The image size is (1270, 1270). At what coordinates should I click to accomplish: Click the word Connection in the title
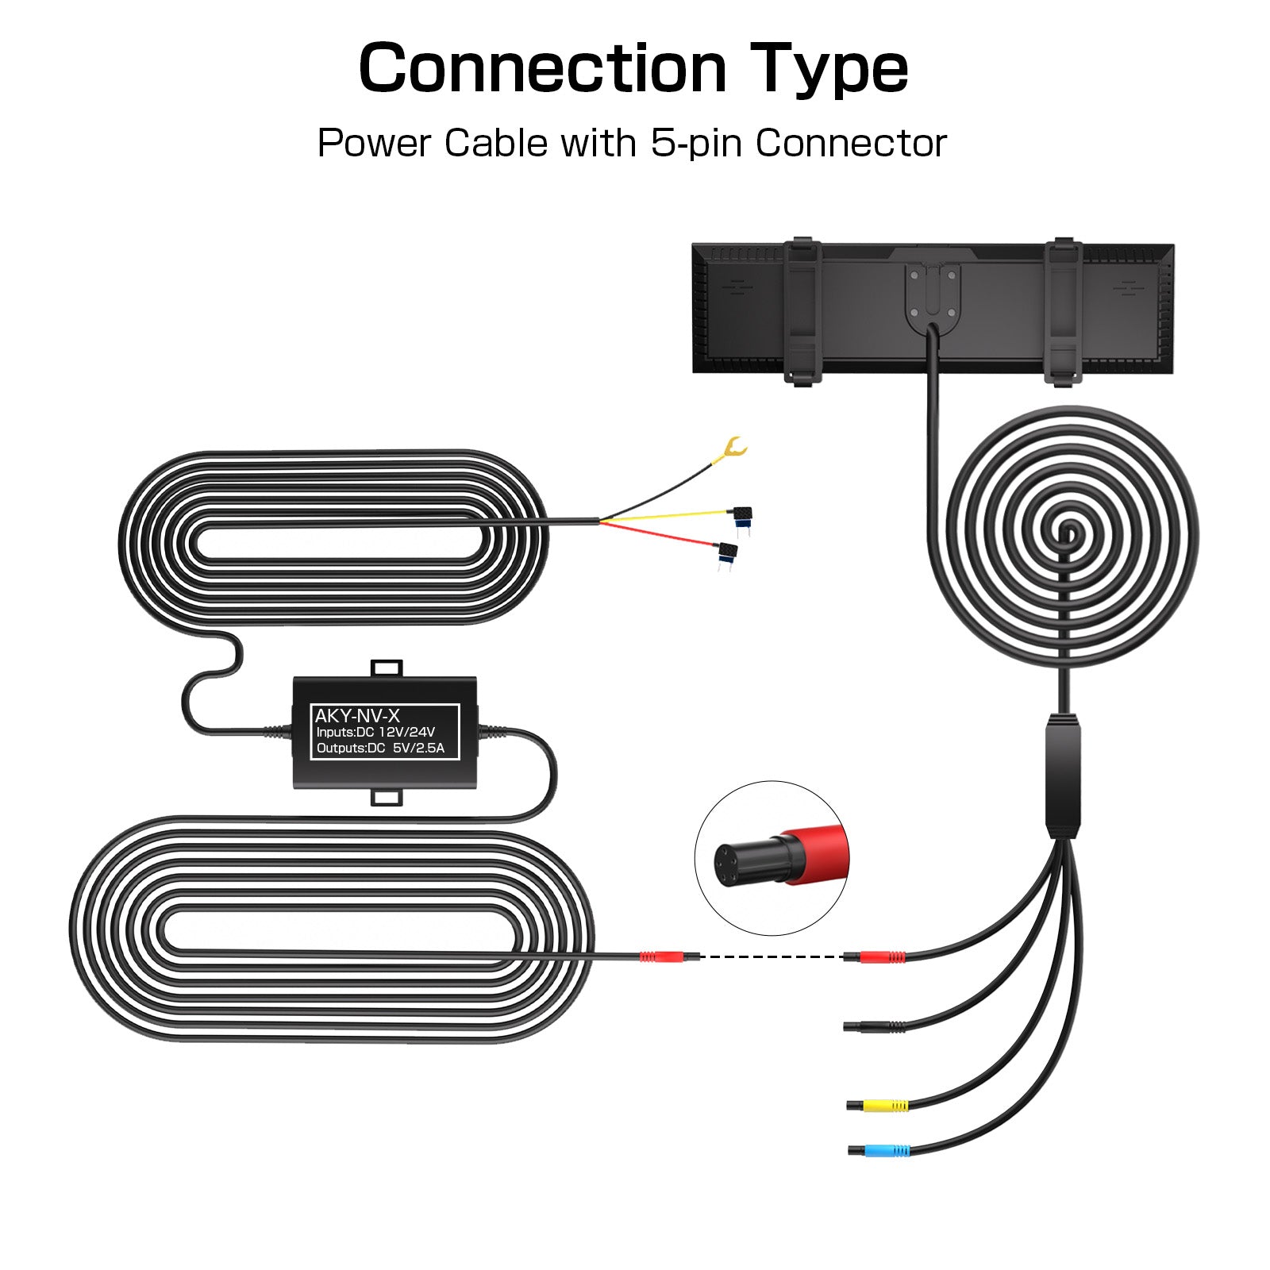point(542,68)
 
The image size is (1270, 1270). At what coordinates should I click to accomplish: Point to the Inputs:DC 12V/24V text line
point(375,733)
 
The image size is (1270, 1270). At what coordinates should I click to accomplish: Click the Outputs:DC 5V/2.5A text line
point(380,749)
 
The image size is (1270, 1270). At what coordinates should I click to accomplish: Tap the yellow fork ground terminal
point(732,450)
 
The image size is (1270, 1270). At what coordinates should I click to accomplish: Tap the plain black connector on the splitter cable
point(861,1026)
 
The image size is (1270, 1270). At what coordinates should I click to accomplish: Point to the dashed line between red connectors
point(770,956)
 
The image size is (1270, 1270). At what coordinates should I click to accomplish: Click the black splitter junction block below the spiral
point(1062,775)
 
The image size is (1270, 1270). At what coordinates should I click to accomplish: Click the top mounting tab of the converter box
point(387,668)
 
